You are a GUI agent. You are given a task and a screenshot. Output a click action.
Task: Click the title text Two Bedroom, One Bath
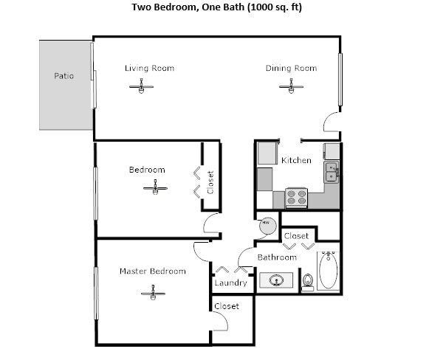(x=207, y=8)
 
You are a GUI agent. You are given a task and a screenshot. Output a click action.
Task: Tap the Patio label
(x=64, y=76)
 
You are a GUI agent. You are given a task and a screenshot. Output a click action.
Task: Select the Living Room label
(x=149, y=69)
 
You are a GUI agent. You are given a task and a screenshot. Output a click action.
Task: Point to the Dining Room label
(x=291, y=69)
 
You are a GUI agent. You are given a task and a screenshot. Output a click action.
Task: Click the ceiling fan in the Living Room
(x=141, y=88)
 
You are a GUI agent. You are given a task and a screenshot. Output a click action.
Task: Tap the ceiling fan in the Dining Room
(x=291, y=88)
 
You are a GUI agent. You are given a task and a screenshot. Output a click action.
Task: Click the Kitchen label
(x=296, y=160)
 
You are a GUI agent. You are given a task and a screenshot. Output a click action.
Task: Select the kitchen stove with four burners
(x=297, y=197)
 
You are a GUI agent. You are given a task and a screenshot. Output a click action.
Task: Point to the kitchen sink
(x=332, y=172)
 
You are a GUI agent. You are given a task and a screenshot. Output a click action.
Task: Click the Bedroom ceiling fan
(x=155, y=187)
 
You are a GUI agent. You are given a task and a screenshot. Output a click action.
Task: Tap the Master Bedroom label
(x=153, y=271)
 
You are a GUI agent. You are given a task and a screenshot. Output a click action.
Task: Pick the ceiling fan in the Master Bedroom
(x=152, y=294)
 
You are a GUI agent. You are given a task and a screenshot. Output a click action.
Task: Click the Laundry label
(x=230, y=283)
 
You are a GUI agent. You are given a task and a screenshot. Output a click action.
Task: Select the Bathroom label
(x=277, y=257)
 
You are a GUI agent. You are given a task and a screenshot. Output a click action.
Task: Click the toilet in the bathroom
(x=308, y=280)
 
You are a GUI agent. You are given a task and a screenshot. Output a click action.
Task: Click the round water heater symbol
(x=265, y=224)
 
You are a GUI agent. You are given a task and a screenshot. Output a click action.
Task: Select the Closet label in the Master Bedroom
(x=226, y=306)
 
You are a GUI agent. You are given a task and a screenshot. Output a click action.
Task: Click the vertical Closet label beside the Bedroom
(x=210, y=183)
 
